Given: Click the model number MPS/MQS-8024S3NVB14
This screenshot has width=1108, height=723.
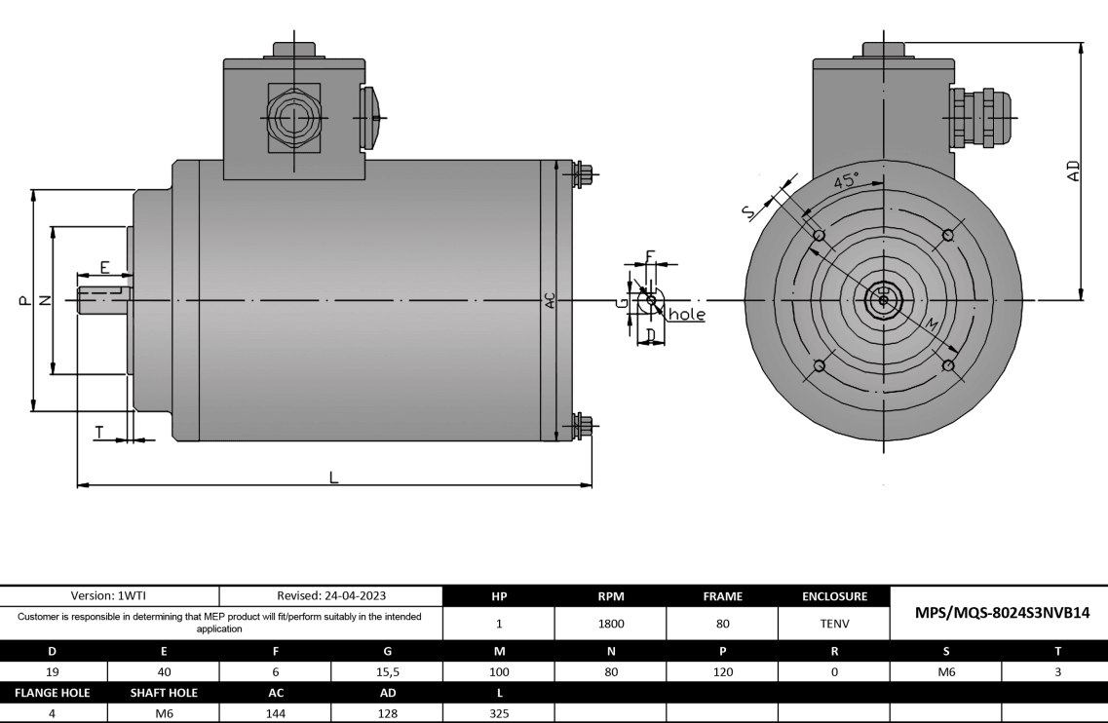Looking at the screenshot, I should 999,613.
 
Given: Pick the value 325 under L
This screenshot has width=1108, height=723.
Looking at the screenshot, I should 498,712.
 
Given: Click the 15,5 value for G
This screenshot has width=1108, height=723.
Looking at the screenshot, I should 387,671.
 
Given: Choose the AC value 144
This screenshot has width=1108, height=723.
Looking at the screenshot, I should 275,712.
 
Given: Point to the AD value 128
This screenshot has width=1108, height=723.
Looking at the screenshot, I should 387,712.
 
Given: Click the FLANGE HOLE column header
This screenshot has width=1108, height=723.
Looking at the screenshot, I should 53,693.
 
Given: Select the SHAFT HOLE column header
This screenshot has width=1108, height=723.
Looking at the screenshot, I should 164,693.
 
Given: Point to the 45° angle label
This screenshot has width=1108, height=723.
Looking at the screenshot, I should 847,181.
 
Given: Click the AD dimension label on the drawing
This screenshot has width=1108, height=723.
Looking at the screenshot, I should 1073,171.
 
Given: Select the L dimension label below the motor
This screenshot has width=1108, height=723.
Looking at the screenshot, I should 333,476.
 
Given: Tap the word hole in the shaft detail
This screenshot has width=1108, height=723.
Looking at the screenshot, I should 686,315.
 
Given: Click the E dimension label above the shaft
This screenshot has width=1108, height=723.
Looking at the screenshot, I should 104,266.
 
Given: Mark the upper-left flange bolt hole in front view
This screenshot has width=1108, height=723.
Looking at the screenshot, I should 819,236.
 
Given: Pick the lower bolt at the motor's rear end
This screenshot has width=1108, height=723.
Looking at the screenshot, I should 582,426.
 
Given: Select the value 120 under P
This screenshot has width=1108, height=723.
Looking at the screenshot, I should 722,671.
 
